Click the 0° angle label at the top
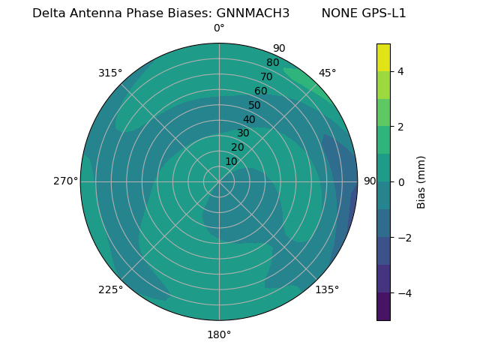point(219,28)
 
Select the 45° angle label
point(327,73)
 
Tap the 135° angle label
point(327,289)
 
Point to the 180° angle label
point(219,334)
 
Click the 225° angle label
point(110,289)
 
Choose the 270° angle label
point(65,181)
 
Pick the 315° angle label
point(110,73)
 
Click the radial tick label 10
point(232,161)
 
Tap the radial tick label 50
point(255,106)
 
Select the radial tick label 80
point(272,63)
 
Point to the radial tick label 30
point(243,133)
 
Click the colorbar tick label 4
point(400,71)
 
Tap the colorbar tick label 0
point(400,182)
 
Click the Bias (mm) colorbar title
point(421,181)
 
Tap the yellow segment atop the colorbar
point(383,58)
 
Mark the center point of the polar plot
point(219,181)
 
